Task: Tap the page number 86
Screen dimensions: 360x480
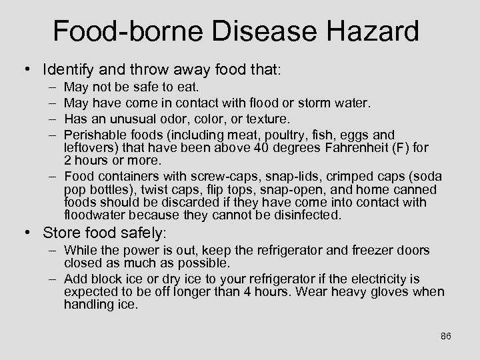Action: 446,336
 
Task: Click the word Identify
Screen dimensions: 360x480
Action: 68,69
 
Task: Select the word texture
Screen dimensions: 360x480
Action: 267,119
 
